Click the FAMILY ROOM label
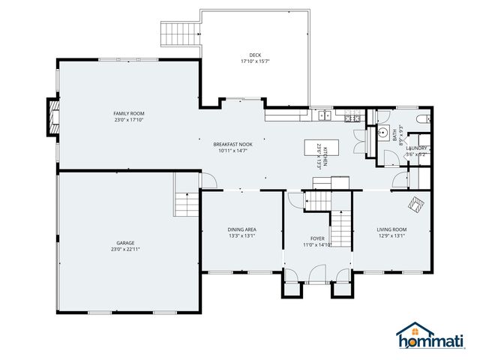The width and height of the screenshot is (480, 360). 128,113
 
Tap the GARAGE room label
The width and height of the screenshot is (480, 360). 124,242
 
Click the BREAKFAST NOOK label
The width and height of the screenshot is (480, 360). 232,144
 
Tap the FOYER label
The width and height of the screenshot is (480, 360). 316,238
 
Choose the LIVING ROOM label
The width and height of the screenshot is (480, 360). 391,229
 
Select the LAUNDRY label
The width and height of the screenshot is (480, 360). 416,148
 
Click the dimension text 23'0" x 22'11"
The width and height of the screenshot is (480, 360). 124,248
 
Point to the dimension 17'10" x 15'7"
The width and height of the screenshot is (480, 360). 255,61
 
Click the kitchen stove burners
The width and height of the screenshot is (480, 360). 349,117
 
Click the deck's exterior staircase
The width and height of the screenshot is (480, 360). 180,31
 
